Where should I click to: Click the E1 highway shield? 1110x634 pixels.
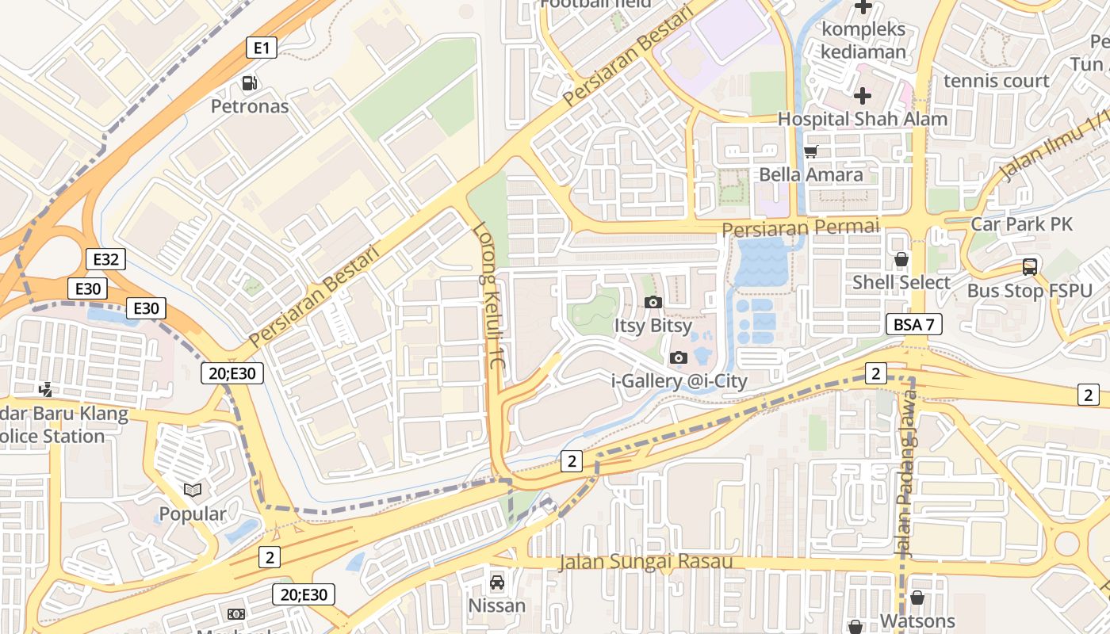coord(262,48)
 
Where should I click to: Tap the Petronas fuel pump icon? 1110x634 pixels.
coord(249,83)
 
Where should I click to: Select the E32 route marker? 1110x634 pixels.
coord(105,259)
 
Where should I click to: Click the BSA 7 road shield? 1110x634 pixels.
coord(913,324)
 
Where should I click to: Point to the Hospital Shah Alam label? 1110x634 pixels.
coord(862,119)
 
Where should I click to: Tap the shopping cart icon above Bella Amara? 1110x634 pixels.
coord(810,151)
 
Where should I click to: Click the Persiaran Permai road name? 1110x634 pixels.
coord(801,228)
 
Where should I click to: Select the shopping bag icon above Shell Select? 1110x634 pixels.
coord(901,259)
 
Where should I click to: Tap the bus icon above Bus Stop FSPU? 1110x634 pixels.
coord(1029,267)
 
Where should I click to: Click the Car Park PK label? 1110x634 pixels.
coord(1021,224)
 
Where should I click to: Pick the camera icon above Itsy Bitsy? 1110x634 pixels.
coord(653,302)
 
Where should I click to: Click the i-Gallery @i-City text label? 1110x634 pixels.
coord(679,381)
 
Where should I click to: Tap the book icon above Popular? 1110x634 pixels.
coord(193,491)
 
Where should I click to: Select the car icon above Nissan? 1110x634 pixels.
coord(496,582)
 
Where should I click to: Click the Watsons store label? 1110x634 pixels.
coord(917,621)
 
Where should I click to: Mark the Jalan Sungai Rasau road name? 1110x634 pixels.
coord(645,562)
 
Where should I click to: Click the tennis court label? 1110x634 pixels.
coord(996,81)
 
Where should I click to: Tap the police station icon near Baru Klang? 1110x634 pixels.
coord(47,388)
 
